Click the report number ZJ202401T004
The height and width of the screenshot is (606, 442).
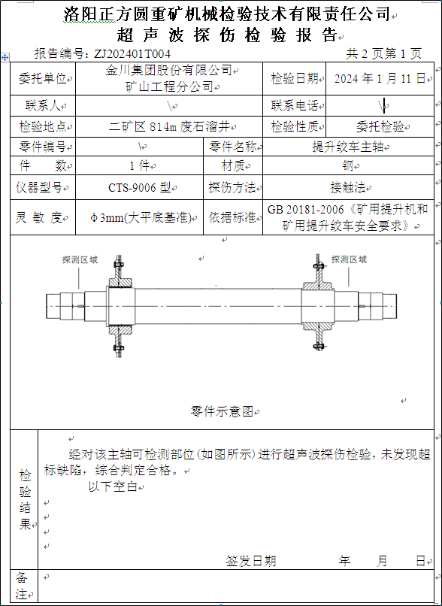(x=132, y=53)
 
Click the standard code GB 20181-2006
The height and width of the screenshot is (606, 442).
(x=306, y=210)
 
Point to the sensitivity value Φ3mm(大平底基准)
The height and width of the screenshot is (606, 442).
(x=141, y=217)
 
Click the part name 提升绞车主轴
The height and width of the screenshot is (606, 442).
(x=348, y=147)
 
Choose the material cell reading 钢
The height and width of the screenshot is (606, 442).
(x=348, y=166)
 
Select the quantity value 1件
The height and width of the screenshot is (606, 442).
(x=140, y=166)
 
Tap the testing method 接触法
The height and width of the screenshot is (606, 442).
(x=348, y=188)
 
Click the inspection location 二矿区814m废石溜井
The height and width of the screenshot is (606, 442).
(x=170, y=126)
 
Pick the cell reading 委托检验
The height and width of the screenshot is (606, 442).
(x=380, y=126)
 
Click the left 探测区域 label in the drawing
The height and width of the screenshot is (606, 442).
(x=80, y=259)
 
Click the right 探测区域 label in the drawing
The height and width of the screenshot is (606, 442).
(x=349, y=259)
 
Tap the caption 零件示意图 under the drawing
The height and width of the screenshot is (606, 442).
(x=222, y=411)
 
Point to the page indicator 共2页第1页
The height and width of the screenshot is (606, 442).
(x=383, y=53)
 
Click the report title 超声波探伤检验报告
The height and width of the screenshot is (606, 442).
(x=227, y=35)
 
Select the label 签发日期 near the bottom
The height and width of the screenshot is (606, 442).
(x=251, y=560)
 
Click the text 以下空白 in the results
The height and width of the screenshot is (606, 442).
(x=114, y=486)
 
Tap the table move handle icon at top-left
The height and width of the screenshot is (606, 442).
(x=5, y=58)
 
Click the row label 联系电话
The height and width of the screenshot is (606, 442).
(x=294, y=105)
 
